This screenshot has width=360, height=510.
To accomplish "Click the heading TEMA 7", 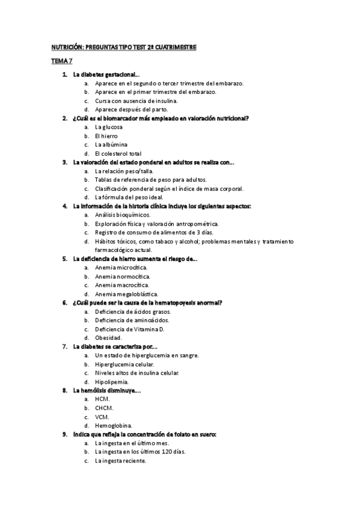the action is pyautogui.click(x=60, y=61).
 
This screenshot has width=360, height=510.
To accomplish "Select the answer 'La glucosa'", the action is pyautogui.click(x=109, y=127).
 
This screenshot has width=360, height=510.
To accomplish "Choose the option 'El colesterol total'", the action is pyautogui.click(x=118, y=153).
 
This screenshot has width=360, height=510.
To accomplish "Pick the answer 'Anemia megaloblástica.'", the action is pyautogui.click(x=126, y=294).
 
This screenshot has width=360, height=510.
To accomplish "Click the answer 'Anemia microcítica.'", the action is pyautogui.click(x=121, y=268).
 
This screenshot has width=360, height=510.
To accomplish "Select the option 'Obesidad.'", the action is pyautogui.click(x=109, y=338).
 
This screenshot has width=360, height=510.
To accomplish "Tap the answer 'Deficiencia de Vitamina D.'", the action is pyautogui.click(x=130, y=329).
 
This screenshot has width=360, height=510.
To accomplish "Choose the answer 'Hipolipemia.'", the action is pyautogui.click(x=112, y=382).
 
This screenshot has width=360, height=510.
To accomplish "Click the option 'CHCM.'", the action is pyautogui.click(x=104, y=408).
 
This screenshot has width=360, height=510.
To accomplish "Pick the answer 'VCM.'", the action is pyautogui.click(x=102, y=417).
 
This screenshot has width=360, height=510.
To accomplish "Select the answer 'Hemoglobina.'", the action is pyautogui.click(x=114, y=426).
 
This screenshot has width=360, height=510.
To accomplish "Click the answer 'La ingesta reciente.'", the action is pyautogui.click(x=120, y=461).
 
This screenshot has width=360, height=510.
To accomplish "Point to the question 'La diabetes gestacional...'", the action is pyautogui.click(x=106, y=75).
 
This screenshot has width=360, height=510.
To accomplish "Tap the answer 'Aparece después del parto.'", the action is pyautogui.click(x=130, y=109).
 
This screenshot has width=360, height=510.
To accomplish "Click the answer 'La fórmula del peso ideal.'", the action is pyautogui.click(x=129, y=197).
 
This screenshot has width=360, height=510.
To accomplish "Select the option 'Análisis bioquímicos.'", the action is pyautogui.click(x=123, y=215).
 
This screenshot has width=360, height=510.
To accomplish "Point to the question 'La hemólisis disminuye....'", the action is pyautogui.click(x=106, y=390).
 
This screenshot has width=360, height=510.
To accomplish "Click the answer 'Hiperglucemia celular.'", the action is pyautogui.click(x=124, y=364).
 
